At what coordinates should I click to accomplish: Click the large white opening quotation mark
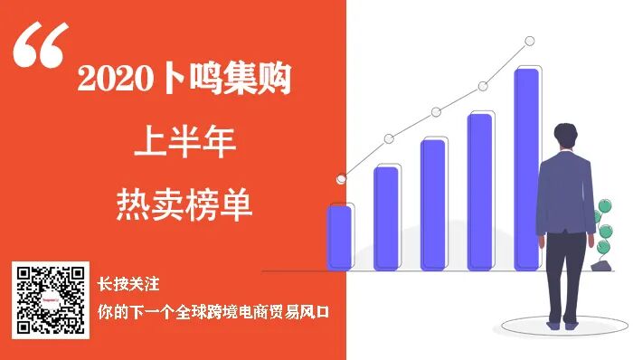pos(42,45)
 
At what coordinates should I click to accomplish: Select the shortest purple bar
pos(339,236)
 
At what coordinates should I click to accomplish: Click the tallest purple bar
pos(526,168)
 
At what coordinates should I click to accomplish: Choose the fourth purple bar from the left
pos(480,191)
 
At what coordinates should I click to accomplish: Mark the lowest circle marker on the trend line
pos(341,179)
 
